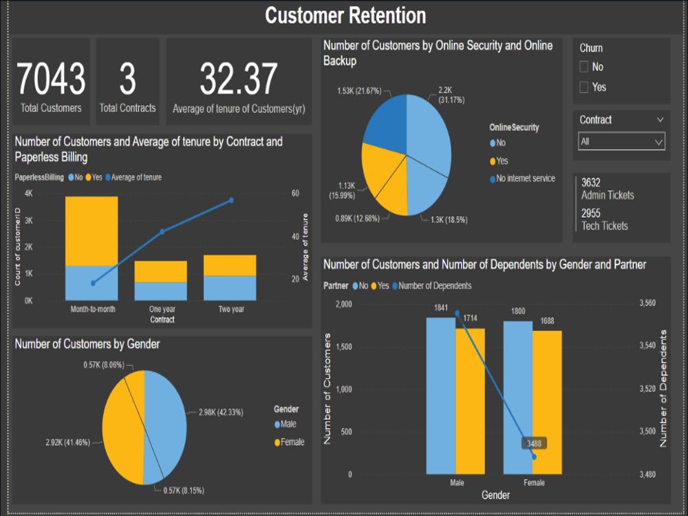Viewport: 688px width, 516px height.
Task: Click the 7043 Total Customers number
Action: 51,78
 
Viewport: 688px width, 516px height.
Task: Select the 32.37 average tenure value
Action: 238,78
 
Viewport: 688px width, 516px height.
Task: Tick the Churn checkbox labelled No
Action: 584,67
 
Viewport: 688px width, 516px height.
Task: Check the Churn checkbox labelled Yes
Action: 584,87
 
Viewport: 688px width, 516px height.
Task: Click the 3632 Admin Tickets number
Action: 591,183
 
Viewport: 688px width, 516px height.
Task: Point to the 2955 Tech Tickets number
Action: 591,213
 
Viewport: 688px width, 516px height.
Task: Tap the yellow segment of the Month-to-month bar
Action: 92,230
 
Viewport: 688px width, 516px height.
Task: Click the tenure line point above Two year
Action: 231,200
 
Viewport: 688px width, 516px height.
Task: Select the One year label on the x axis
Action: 162,310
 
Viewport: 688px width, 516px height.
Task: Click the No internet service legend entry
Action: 522,179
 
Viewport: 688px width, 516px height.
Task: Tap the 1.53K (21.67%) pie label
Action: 359,91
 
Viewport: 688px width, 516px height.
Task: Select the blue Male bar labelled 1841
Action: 440,396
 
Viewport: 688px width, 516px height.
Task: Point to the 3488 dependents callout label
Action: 534,444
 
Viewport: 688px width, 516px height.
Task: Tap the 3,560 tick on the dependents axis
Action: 647,303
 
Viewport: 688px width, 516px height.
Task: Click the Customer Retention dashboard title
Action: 345,16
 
